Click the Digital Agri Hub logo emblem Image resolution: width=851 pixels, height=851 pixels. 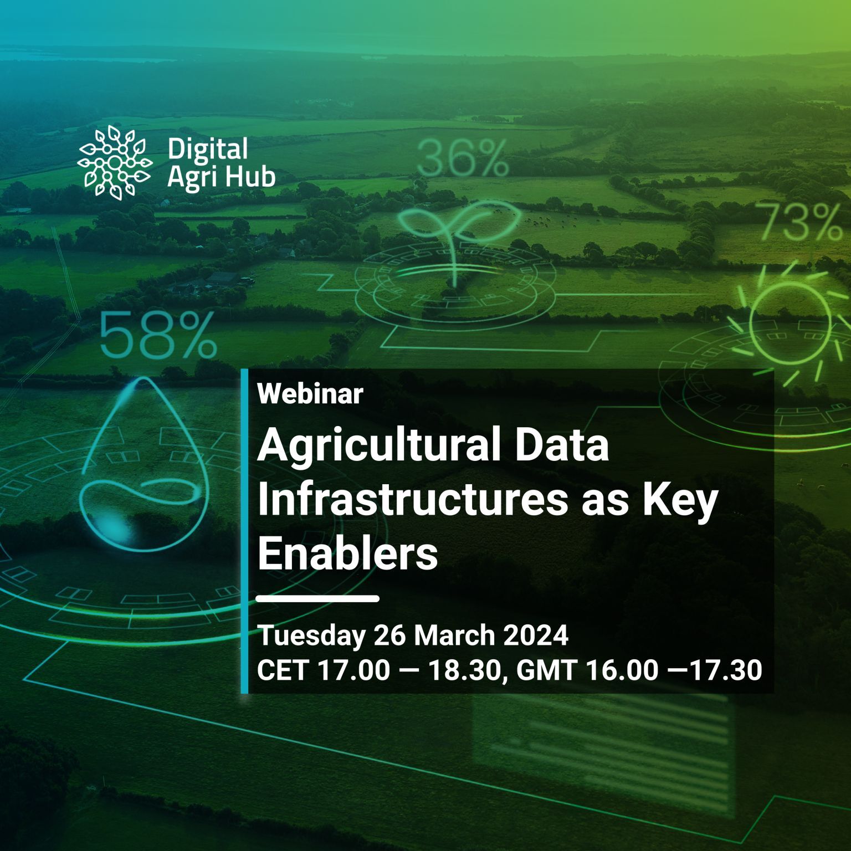click(114, 161)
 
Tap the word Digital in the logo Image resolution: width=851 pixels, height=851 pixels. click(207, 150)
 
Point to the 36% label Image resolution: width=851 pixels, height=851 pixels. click(462, 158)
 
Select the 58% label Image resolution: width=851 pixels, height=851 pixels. click(157, 335)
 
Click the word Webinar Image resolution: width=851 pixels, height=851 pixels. click(310, 394)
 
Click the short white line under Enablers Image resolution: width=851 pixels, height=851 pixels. click(318, 598)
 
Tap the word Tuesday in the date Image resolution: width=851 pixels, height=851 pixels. click(311, 636)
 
